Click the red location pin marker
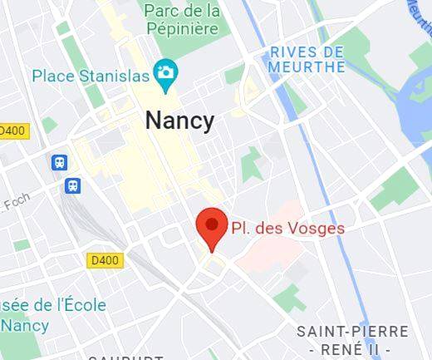(211, 226)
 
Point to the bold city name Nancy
(179, 120)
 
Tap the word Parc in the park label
(162, 11)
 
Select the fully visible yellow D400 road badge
(105, 260)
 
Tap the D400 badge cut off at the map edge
(12, 131)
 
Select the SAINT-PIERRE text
(353, 332)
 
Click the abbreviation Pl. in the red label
(241, 227)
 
